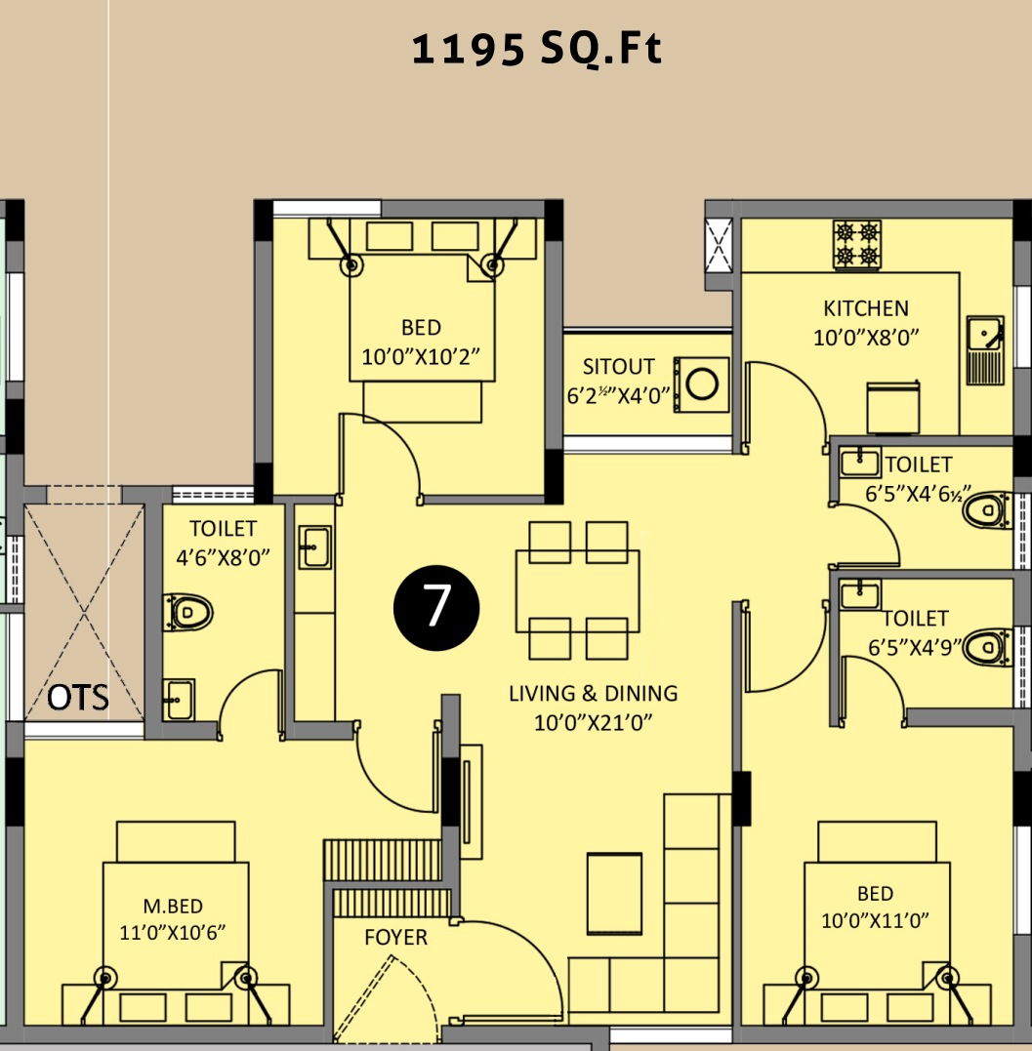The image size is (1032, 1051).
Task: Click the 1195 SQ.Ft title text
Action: (x=536, y=50)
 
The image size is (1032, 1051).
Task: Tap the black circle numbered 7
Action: (x=436, y=607)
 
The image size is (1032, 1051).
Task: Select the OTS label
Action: (x=78, y=697)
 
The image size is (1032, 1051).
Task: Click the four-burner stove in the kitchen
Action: (x=856, y=245)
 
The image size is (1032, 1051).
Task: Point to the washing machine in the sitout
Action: (x=701, y=384)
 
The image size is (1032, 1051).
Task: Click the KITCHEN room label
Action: (x=866, y=308)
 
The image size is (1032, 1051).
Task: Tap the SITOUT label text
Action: (x=618, y=367)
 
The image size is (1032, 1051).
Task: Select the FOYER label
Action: (x=395, y=937)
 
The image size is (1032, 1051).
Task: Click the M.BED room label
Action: (x=173, y=907)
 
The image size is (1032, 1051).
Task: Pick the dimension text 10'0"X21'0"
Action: (x=593, y=722)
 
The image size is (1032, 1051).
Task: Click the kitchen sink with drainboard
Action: (x=985, y=350)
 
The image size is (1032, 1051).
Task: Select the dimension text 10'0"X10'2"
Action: (x=421, y=356)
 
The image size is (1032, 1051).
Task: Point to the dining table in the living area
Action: (x=577, y=591)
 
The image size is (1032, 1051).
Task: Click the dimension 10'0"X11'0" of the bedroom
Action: (x=875, y=921)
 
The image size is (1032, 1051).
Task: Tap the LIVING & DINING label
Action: (x=594, y=693)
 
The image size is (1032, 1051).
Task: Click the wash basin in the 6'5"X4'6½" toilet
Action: (x=859, y=462)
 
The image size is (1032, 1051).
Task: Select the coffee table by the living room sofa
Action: (x=614, y=894)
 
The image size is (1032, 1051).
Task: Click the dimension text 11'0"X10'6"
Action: (x=173, y=933)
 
